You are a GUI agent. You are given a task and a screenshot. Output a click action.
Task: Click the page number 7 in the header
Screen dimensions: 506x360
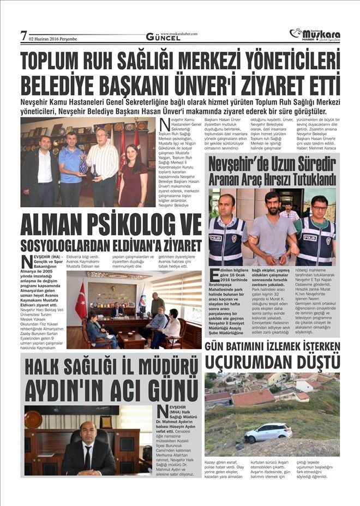coord(23,36)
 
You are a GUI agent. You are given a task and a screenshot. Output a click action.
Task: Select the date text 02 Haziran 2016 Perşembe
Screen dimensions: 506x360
coord(53,39)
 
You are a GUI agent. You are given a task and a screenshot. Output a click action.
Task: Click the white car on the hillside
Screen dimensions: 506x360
coord(268,432)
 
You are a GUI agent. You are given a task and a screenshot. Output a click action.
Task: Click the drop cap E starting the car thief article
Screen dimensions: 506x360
coord(215,274)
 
